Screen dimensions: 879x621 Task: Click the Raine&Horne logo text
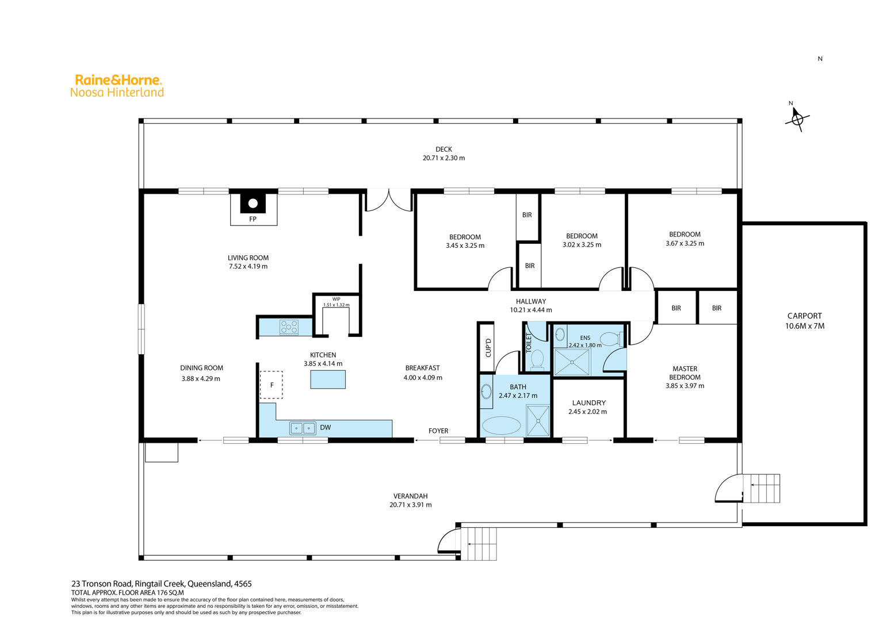pyautogui.click(x=118, y=80)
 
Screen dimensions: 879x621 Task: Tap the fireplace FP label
pyautogui.click(x=253, y=219)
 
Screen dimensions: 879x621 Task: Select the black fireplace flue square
pyautogui.click(x=253, y=203)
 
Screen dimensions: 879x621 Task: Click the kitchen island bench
pyautogui.click(x=328, y=379)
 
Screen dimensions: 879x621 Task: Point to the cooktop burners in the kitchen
pyautogui.click(x=289, y=327)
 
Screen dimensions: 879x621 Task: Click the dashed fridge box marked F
pyautogui.click(x=271, y=385)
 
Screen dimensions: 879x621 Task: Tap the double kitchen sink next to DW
pyautogui.click(x=303, y=428)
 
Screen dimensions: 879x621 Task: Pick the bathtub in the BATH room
pyautogui.click(x=501, y=425)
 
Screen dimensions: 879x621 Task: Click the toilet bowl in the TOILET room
pyautogui.click(x=537, y=359)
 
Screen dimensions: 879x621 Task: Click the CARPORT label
pyautogui.click(x=804, y=316)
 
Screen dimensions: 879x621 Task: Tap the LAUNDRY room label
pyautogui.click(x=588, y=403)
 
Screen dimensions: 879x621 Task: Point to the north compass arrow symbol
pyautogui.click(x=797, y=118)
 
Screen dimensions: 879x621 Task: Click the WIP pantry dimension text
pyautogui.click(x=337, y=305)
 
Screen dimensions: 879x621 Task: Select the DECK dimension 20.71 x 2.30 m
pyautogui.click(x=444, y=158)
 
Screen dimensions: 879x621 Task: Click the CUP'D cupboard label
pyautogui.click(x=488, y=347)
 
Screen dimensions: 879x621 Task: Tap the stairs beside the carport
pyautogui.click(x=762, y=488)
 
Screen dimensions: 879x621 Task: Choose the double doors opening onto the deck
pyautogui.click(x=388, y=201)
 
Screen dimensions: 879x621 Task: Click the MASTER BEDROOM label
pyautogui.click(x=685, y=373)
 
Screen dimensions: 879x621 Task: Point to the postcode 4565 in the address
pyautogui.click(x=243, y=584)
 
